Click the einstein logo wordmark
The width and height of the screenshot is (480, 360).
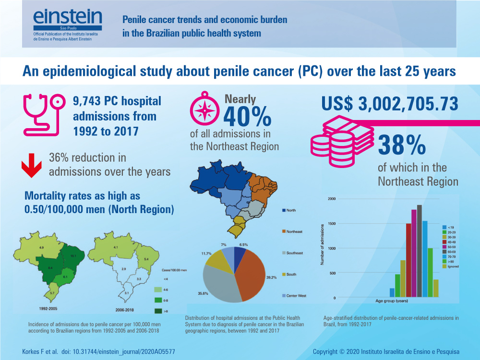click(67, 18)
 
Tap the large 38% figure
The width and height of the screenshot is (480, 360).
click(402, 145)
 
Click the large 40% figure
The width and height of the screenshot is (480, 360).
click(248, 116)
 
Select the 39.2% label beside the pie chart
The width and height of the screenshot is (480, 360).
click(271, 277)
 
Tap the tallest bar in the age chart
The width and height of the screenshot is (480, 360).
click(419, 251)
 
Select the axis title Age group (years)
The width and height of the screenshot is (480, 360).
click(392, 301)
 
